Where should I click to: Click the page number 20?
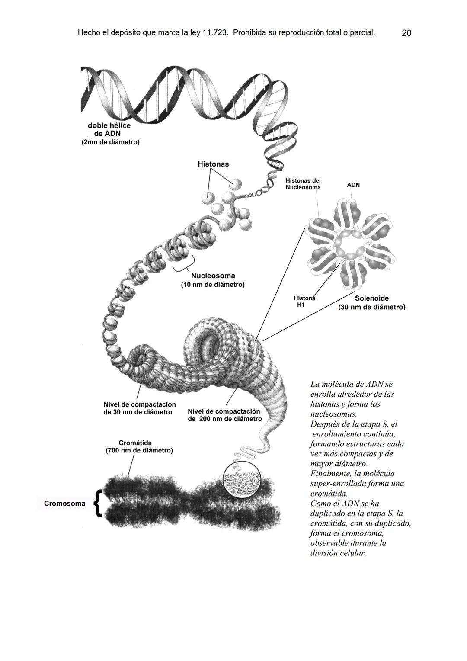click(x=406, y=33)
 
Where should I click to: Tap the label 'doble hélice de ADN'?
click(x=109, y=129)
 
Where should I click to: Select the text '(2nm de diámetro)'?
click(x=110, y=142)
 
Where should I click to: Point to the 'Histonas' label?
click(x=213, y=164)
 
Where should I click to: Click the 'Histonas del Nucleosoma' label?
click(x=303, y=184)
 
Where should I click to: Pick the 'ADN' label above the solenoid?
click(x=353, y=185)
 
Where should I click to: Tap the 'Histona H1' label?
click(x=304, y=301)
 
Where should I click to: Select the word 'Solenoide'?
click(x=372, y=298)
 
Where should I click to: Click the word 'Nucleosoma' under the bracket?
click(x=213, y=276)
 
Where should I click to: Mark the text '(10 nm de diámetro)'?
click(x=213, y=285)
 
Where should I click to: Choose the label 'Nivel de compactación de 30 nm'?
click(x=140, y=408)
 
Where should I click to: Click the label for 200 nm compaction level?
click(x=225, y=415)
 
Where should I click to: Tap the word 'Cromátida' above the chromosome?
click(x=135, y=443)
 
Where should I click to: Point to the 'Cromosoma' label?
click(x=64, y=504)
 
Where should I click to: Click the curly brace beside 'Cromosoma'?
click(x=97, y=504)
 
